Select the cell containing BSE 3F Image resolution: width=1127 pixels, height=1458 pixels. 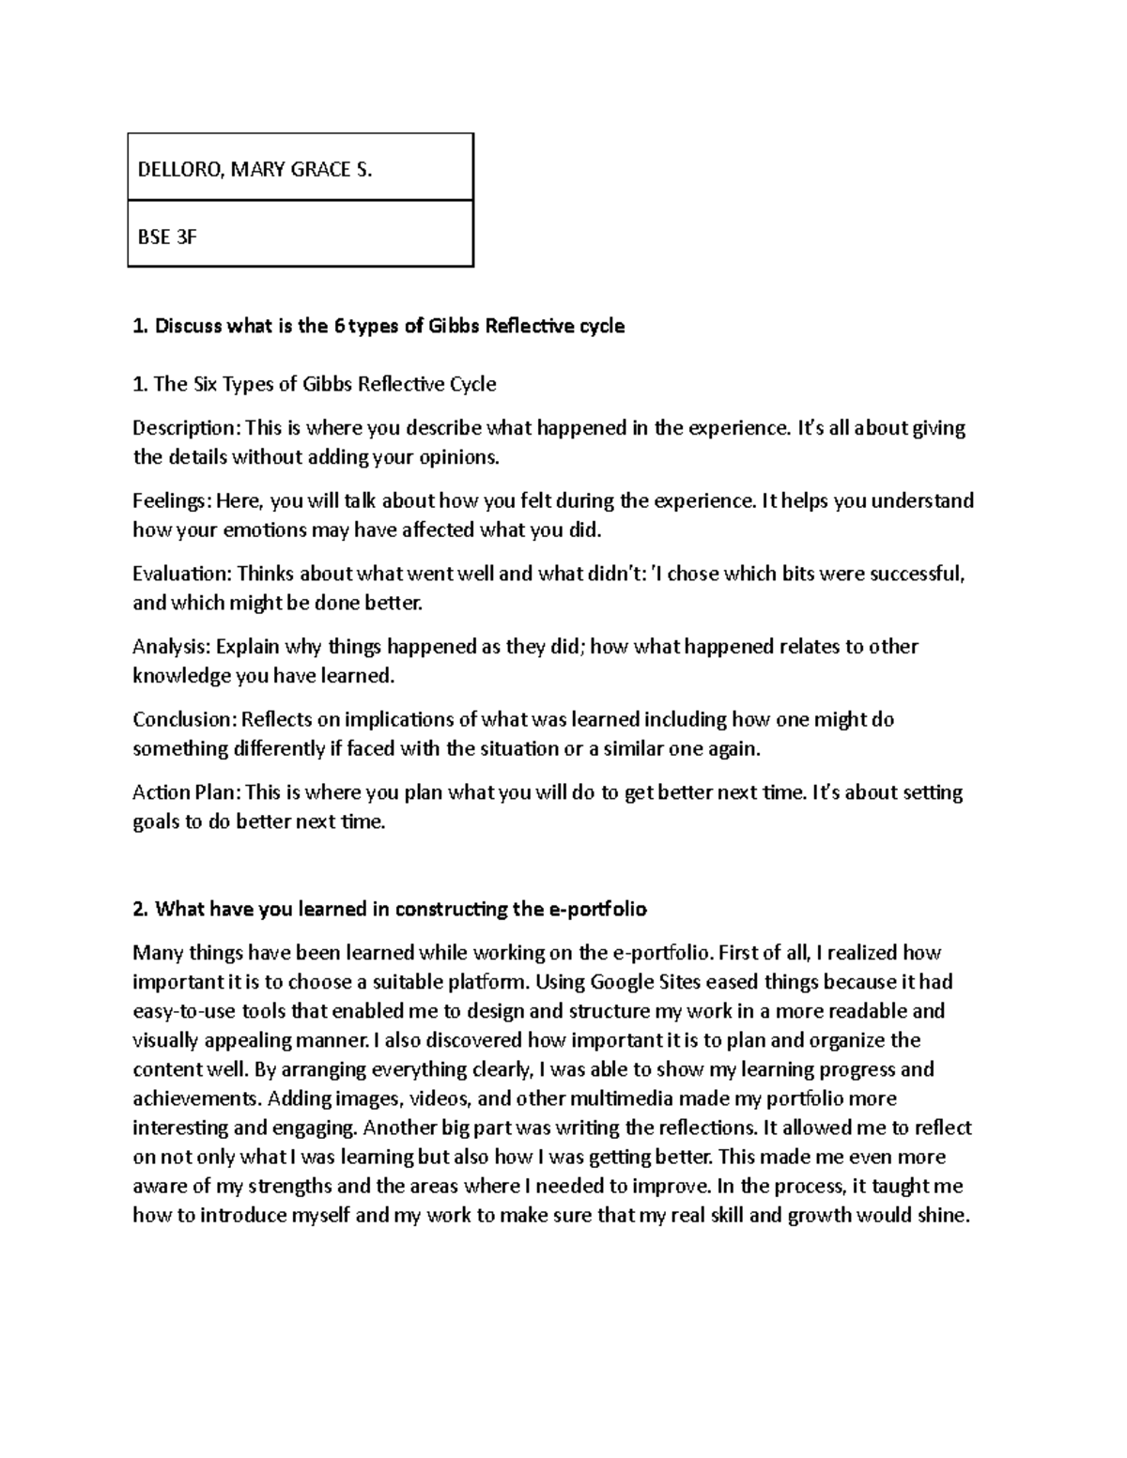tap(300, 235)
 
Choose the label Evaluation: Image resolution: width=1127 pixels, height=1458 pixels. tap(181, 573)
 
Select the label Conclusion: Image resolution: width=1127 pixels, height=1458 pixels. tap(184, 719)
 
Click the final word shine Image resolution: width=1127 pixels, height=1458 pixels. tap(942, 1215)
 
